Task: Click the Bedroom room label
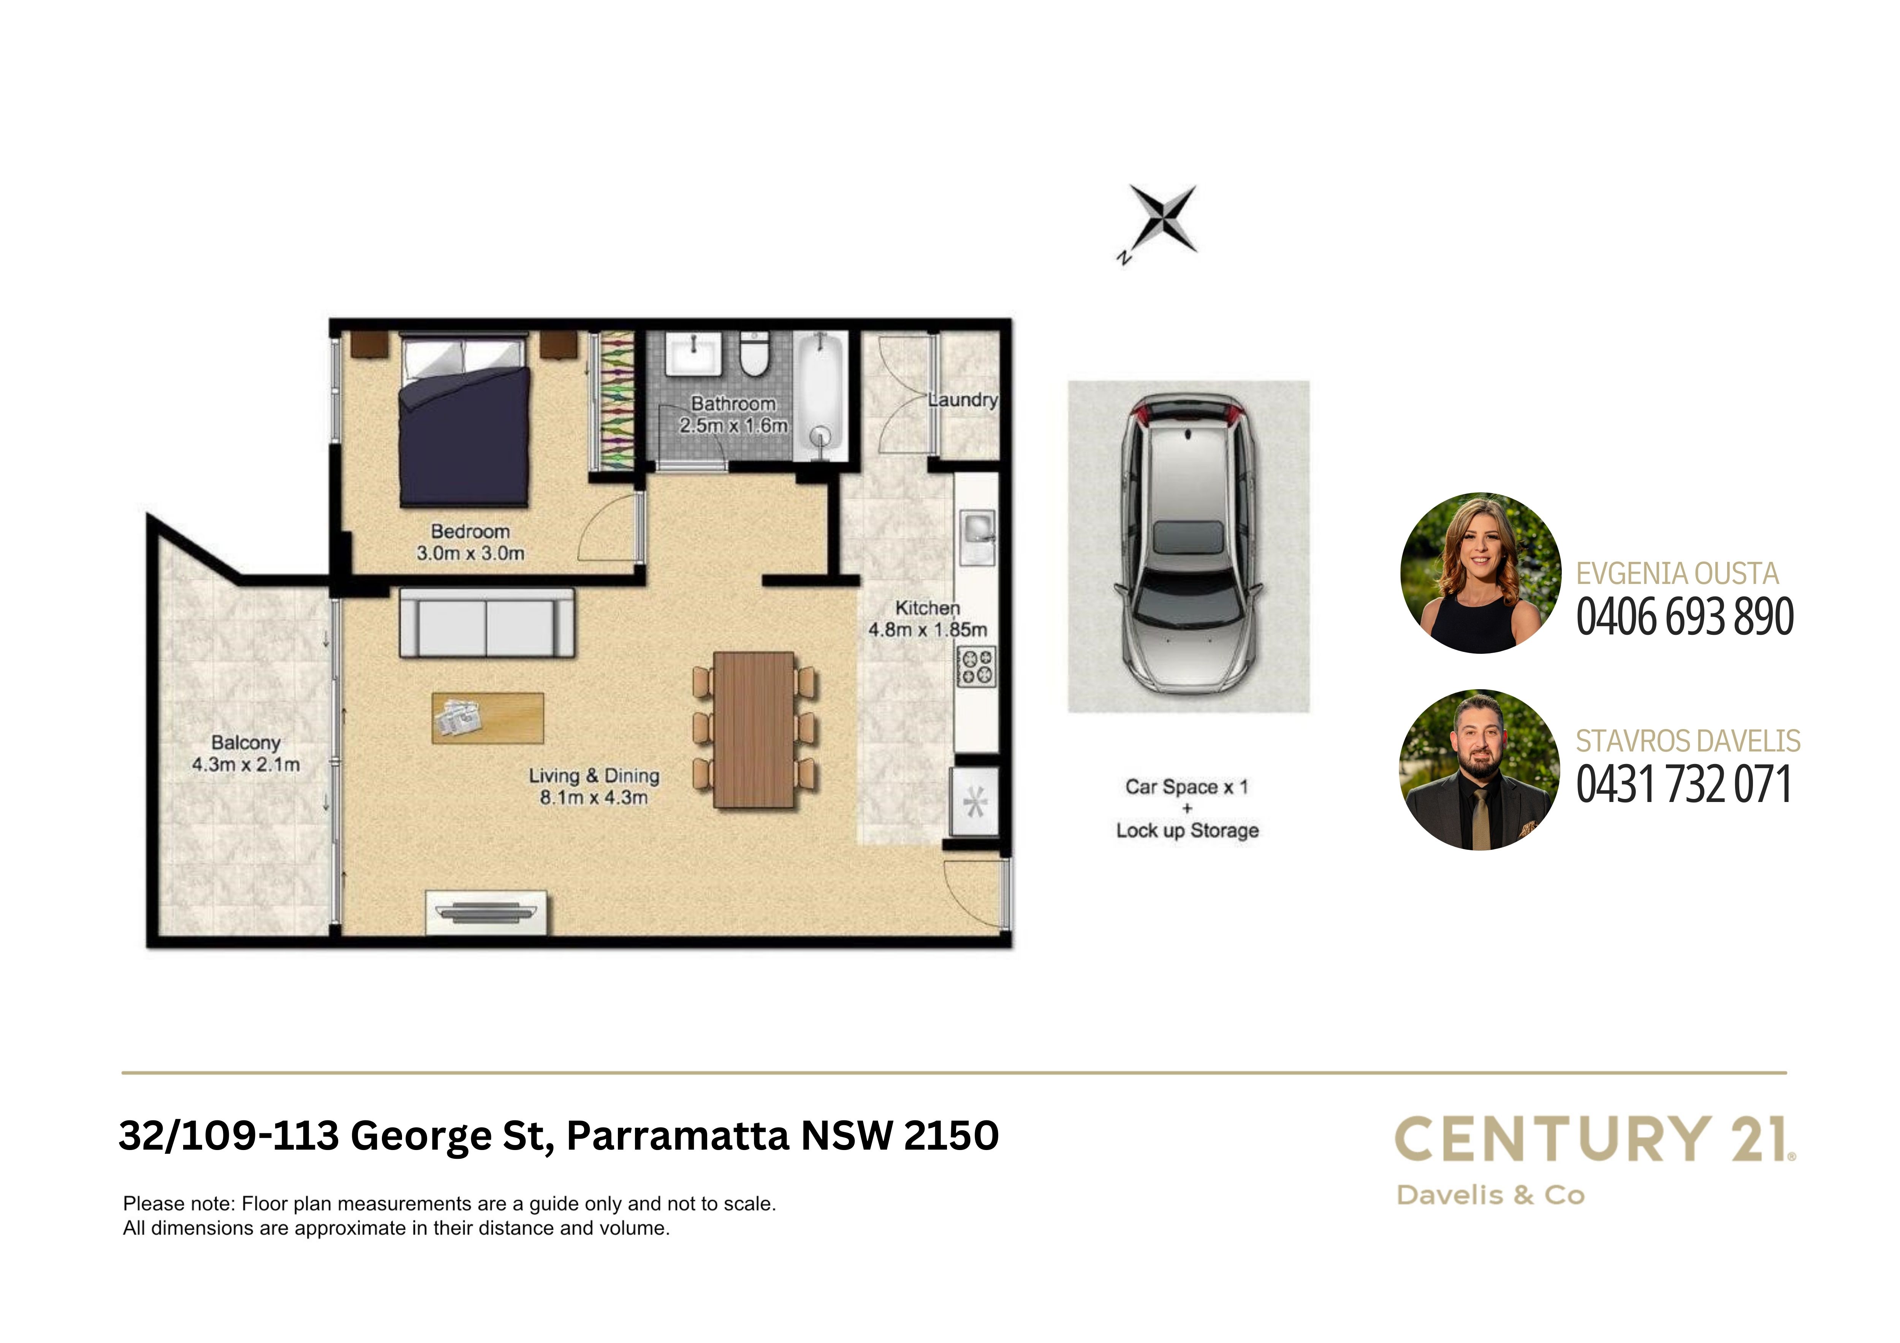pos(470,531)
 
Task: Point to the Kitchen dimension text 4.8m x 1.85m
pos(928,630)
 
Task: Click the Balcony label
pos(246,743)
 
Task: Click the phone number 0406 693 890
pos(1684,617)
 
